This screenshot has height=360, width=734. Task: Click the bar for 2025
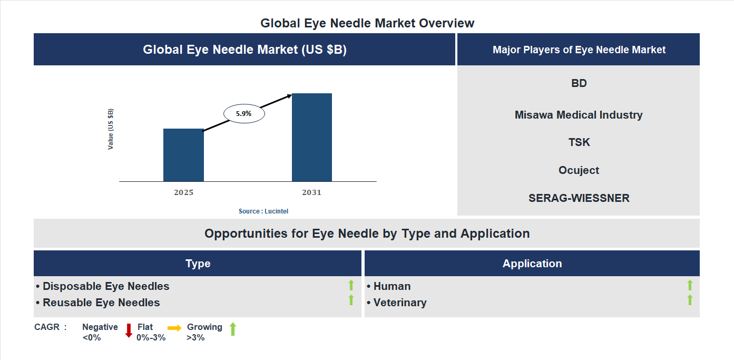[183, 155]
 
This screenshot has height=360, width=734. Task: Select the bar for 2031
[312, 138]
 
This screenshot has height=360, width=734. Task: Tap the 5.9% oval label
[244, 113]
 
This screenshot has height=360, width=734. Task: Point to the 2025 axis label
[183, 192]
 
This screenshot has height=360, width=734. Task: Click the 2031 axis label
[311, 192]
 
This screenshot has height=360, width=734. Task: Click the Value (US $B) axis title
[111, 129]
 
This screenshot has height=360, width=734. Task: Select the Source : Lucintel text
[263, 211]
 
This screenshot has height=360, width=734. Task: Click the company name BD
[579, 83]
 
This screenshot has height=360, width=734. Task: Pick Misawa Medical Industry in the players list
[579, 115]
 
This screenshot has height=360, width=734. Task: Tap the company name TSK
[579, 142]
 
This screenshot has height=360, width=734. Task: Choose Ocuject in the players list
[579, 170]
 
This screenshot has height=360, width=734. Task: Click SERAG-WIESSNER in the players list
[579, 198]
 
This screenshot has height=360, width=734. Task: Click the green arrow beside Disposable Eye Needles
[351, 286]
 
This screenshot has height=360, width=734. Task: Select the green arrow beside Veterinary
[690, 300]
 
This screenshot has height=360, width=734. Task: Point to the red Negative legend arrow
[129, 330]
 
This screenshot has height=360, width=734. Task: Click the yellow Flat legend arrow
[174, 328]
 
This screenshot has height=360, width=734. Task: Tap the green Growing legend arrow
[233, 329]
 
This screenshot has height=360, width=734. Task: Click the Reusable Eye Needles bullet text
[101, 303]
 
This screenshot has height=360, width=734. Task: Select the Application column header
[532, 264]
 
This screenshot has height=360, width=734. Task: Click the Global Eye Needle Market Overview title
[367, 23]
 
